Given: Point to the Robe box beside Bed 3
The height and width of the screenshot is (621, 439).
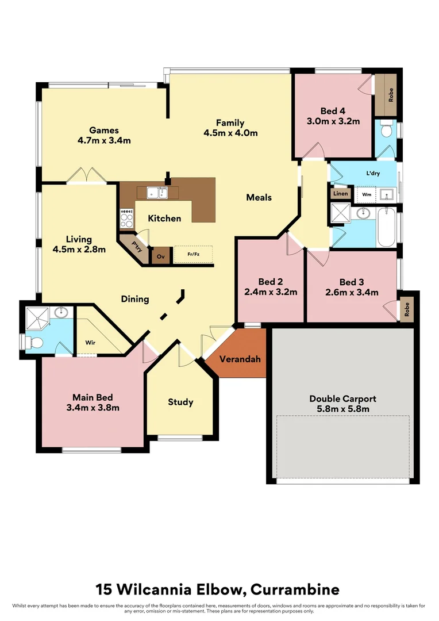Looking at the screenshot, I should click(406, 310).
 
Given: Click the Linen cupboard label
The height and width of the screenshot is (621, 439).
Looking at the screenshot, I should click(340, 194).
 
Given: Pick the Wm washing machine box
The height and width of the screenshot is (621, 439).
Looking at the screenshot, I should click(366, 194).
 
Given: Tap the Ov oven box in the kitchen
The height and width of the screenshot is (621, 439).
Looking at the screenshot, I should click(160, 256).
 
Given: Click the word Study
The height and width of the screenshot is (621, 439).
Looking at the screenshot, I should click(180, 402).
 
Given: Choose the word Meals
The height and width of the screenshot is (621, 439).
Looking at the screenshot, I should click(259, 197).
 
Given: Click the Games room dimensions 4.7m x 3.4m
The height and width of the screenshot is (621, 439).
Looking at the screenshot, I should click(104, 140).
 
